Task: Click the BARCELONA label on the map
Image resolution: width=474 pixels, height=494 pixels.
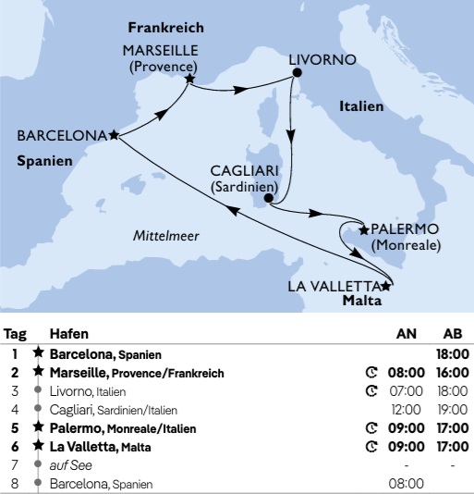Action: [x=62, y=135]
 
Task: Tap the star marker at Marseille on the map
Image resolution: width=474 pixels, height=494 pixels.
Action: [x=188, y=80]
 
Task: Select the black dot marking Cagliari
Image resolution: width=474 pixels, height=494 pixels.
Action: [x=268, y=198]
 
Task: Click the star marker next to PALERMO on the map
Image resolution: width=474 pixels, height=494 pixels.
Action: [x=363, y=228]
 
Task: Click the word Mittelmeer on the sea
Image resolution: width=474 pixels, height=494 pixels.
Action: [x=165, y=235]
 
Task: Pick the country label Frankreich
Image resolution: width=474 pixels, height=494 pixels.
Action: [x=166, y=28]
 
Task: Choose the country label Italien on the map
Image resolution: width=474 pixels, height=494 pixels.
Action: [x=360, y=106]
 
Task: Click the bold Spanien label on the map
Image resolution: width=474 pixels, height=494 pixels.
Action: [x=45, y=161]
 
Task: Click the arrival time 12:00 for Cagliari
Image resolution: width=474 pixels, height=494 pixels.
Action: [x=407, y=410]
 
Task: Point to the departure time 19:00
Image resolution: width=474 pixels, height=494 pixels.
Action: [x=453, y=410]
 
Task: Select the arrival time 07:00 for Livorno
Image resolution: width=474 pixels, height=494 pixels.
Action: [x=407, y=391]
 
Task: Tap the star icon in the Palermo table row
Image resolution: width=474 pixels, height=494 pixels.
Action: [x=38, y=428]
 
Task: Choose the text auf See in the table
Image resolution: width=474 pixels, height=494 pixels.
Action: [x=67, y=465]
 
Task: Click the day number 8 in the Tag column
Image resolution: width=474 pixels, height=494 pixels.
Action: [x=14, y=484]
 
